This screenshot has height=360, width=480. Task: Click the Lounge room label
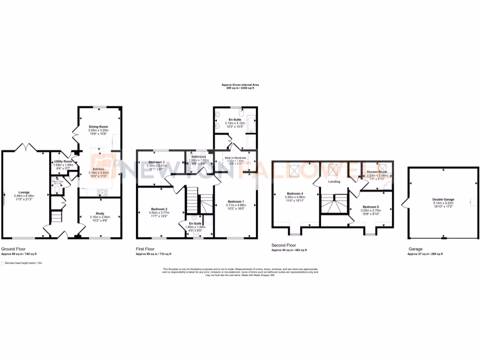tap(24, 192)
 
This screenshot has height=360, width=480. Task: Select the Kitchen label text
tap(98, 169)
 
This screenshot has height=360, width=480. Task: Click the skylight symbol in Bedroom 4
tap(295, 171)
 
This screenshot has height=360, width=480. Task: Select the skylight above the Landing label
tap(334, 169)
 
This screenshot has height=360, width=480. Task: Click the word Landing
tap(334, 182)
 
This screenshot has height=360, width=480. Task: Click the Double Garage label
tap(443, 199)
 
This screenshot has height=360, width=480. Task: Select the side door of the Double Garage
tap(405, 203)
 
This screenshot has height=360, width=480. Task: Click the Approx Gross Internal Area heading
tap(240, 85)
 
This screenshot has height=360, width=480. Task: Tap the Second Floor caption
tap(284, 245)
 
